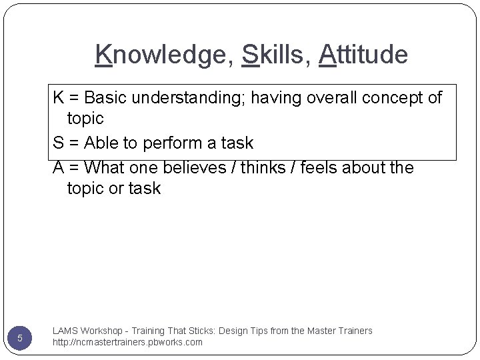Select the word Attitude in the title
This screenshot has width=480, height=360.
[363, 55]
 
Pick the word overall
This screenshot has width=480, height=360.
[331, 98]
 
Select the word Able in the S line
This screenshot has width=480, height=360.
[101, 143]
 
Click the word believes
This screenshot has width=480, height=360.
[195, 167]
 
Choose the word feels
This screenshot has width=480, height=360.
[320, 167]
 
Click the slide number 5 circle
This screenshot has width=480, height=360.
[20, 338]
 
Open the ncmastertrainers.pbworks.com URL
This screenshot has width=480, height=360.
[127, 343]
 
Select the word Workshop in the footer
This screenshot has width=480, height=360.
[102, 331]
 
